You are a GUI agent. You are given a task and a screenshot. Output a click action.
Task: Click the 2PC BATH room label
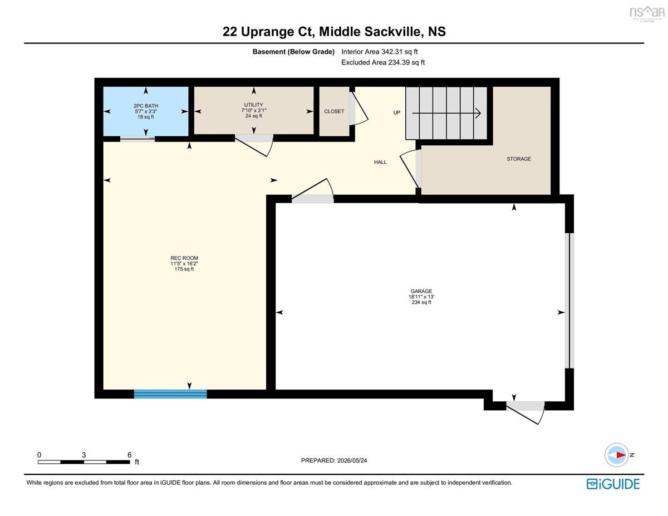[x=146, y=106]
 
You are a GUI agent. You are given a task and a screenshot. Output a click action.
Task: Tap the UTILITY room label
[x=254, y=105]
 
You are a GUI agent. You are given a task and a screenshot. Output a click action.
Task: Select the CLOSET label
[x=334, y=111]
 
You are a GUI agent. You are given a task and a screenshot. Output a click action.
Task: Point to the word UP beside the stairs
[x=396, y=112]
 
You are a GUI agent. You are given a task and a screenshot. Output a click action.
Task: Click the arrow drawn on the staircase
[x=446, y=113]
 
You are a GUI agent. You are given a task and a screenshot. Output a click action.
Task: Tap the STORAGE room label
[x=519, y=159]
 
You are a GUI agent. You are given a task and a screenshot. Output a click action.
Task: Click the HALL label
[x=380, y=163]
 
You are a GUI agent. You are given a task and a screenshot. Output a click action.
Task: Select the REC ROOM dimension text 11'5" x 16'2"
[x=184, y=264]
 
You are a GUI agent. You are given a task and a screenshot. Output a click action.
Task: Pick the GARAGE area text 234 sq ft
[x=421, y=302]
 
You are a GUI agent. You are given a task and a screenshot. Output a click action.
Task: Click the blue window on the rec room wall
[x=170, y=394]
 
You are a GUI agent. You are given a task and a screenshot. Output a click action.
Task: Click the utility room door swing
[x=254, y=146]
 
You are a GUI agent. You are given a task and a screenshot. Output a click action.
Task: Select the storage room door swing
[x=410, y=169]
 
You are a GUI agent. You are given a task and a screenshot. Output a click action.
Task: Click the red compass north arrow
[x=621, y=455]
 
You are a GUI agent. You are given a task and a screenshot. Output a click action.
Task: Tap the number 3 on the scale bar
[x=83, y=455]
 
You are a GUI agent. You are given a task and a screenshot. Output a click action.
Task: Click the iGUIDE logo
[x=613, y=484]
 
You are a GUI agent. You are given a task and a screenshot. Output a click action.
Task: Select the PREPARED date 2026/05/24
[x=352, y=460]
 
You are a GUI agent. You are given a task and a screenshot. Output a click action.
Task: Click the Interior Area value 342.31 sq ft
[x=399, y=52]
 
